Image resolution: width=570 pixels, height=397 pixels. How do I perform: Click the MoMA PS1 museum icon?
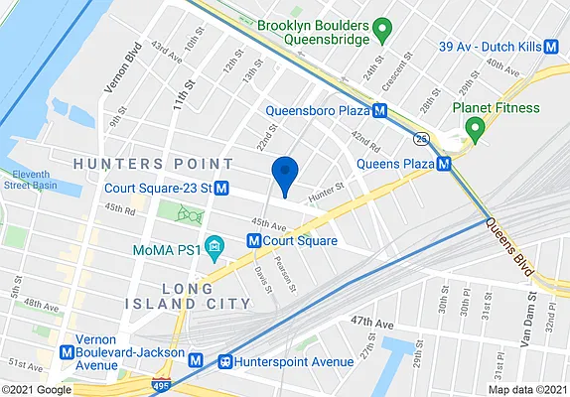pyautogui.click(x=212, y=245)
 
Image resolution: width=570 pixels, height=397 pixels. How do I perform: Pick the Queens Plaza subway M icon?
pyautogui.click(x=444, y=163)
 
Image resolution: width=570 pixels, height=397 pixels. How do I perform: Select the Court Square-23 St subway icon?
pyautogui.click(x=222, y=188)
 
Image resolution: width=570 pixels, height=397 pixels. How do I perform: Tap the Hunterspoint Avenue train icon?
pyautogui.click(x=224, y=362)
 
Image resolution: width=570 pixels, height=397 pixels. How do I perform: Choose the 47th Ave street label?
pyautogui.click(x=372, y=325)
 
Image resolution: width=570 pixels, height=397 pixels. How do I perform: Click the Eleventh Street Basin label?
pyautogui.click(x=32, y=179)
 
